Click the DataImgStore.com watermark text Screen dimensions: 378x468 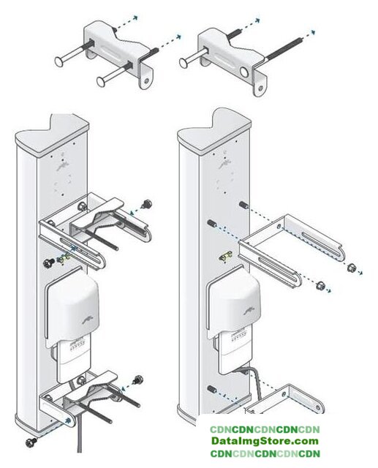265,441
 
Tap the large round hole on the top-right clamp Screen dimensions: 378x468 245,72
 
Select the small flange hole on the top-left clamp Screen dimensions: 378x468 146,81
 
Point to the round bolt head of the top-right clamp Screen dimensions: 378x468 184,62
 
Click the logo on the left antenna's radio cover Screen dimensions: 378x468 90,320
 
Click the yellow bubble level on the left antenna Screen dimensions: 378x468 64,258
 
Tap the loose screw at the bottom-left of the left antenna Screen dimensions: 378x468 31,442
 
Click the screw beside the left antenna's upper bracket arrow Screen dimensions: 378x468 148,204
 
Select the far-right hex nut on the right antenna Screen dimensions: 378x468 352,268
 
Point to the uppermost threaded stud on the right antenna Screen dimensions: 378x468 243,205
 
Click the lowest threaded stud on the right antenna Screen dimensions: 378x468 211,389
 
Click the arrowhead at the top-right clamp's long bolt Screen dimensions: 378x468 313,32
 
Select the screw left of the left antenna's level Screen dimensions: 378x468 48,263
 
